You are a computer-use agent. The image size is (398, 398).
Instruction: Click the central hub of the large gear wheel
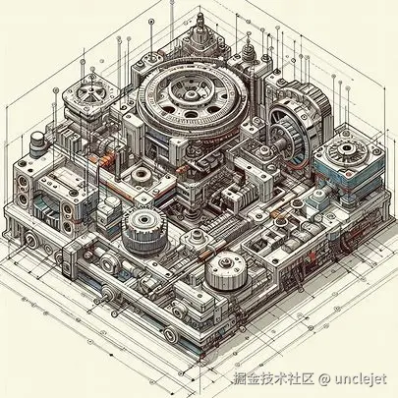191,94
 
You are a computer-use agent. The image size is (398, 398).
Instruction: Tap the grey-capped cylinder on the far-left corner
36,143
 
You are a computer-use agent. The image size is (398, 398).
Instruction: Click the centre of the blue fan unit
346,149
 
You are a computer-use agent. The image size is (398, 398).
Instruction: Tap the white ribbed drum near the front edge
226,270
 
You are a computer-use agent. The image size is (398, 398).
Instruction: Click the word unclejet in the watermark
361,379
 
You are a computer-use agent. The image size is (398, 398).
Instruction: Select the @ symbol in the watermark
324,379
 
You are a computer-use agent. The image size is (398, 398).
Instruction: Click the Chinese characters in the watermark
274,379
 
